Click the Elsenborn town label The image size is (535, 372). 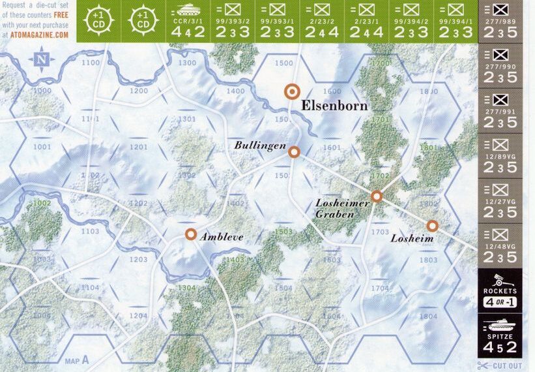point(334,105)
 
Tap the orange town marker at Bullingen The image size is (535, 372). point(294,152)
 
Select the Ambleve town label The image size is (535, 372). point(222,237)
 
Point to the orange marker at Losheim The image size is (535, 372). point(432,226)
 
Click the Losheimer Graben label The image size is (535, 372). point(342,208)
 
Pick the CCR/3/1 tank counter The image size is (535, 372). point(188,22)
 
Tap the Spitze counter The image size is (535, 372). point(500,335)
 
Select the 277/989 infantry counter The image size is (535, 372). point(500,22)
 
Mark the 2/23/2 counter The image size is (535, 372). point(322,22)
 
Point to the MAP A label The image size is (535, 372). point(77,360)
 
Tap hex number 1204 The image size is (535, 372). point(137,316)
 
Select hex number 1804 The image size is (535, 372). point(428,317)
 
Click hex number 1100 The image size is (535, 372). point(91,63)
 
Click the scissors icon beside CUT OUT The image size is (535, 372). point(483,366)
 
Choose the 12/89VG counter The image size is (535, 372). point(500,156)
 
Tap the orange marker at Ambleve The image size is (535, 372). point(190,234)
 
